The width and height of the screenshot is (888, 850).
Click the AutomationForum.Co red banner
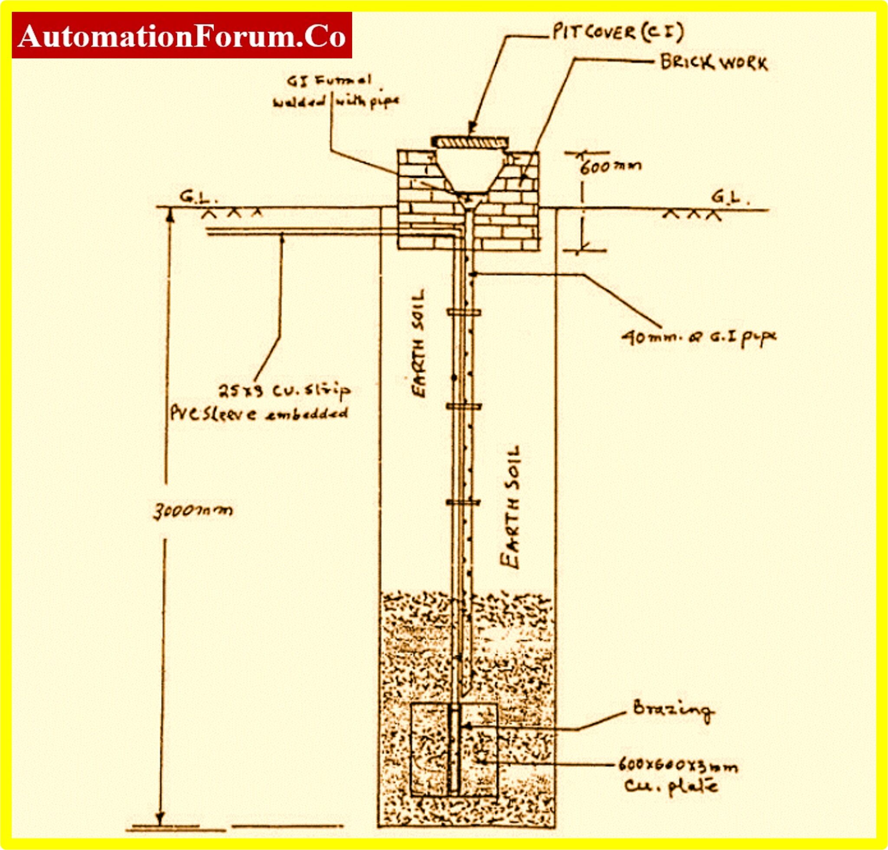click(x=182, y=35)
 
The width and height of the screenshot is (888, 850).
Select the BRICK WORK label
click(x=714, y=63)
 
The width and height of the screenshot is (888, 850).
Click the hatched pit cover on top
click(x=470, y=142)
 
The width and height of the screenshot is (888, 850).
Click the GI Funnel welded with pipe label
click(x=335, y=92)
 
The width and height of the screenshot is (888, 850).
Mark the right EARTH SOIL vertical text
click(x=511, y=507)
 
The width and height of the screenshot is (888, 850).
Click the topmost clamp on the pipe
click(x=464, y=313)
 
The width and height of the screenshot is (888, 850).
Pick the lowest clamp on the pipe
click(x=463, y=502)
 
